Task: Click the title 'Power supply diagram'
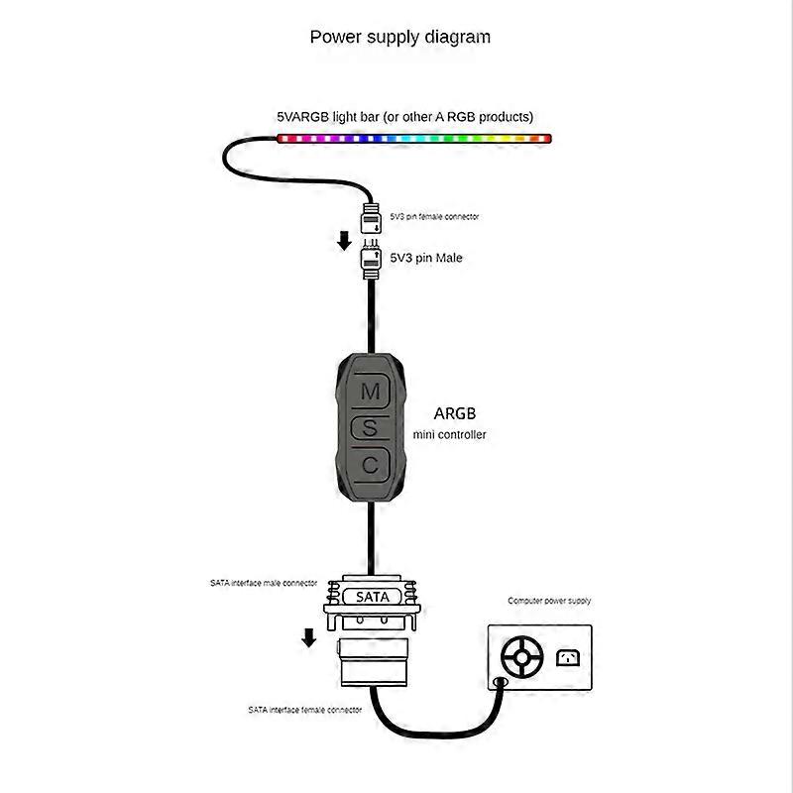click(x=399, y=38)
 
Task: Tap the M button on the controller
click(x=370, y=392)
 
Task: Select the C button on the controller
click(x=370, y=464)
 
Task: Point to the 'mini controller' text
click(x=450, y=434)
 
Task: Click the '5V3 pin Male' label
click(x=426, y=258)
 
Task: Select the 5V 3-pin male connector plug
click(x=372, y=259)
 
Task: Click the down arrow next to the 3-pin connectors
click(x=343, y=240)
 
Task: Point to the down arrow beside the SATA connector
click(x=309, y=635)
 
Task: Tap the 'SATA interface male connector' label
click(x=264, y=583)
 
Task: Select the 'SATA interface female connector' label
click(x=304, y=710)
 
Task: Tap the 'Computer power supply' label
click(x=549, y=601)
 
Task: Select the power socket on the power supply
click(x=569, y=657)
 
